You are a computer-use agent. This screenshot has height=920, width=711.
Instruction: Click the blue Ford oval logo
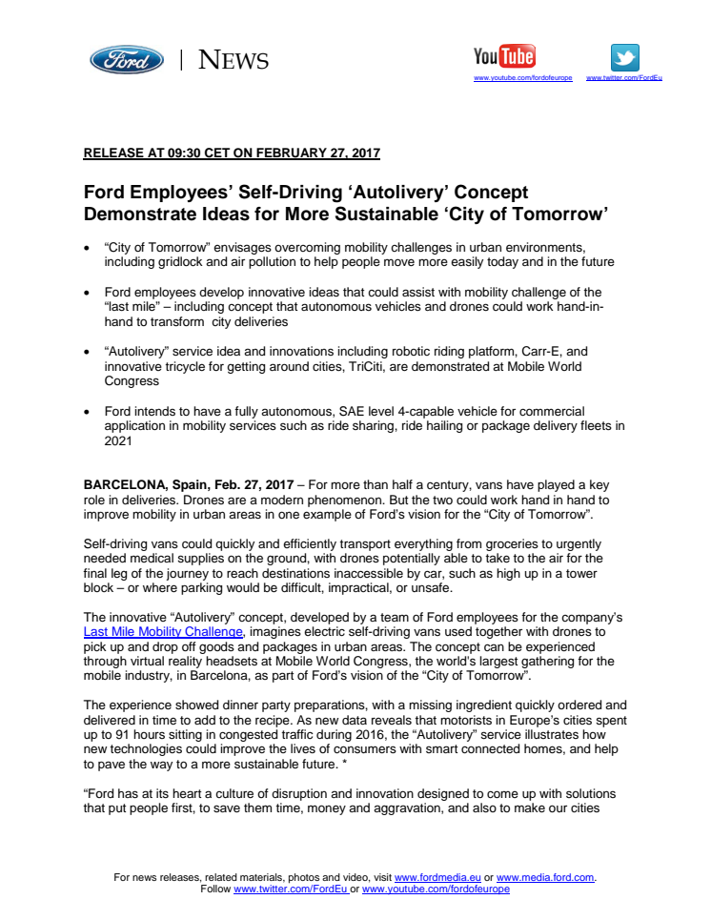click(x=127, y=60)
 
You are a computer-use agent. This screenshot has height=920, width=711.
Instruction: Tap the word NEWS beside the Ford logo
click(x=234, y=61)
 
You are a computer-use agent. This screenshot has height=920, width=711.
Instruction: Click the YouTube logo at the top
click(x=504, y=56)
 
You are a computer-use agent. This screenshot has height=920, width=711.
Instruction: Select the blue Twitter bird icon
click(x=624, y=57)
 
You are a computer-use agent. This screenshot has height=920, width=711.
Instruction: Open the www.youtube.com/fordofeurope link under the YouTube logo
click(x=522, y=77)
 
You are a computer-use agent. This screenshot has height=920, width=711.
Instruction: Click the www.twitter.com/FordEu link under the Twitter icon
click(x=624, y=77)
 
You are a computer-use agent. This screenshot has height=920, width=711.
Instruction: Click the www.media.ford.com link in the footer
click(x=544, y=877)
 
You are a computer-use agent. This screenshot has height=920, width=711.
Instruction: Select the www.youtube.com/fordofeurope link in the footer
click(x=436, y=889)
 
